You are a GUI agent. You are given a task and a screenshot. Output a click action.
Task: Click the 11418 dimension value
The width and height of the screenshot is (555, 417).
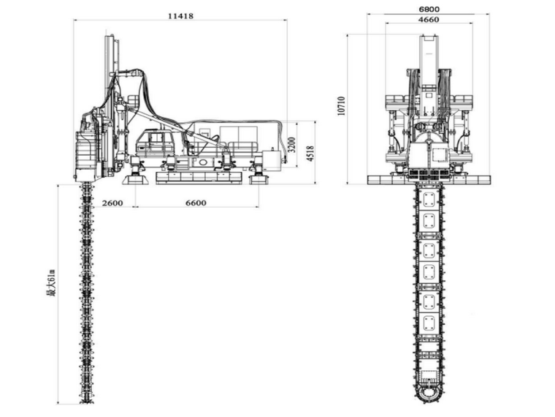[180, 16]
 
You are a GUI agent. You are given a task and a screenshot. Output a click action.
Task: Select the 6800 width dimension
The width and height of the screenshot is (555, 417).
[429, 10]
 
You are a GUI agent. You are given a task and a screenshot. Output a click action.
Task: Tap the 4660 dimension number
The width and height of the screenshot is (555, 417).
[429, 20]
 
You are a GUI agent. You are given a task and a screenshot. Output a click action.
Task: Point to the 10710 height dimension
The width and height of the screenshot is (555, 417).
[341, 105]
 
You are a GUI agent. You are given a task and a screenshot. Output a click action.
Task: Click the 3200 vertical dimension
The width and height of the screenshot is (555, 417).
[291, 144]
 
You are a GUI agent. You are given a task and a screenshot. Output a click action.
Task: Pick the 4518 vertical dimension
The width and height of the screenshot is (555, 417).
[310, 153]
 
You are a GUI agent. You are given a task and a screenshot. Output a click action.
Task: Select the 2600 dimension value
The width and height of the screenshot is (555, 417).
[112, 203]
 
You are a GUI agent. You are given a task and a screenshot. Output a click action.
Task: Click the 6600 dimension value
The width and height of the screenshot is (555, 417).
[196, 203]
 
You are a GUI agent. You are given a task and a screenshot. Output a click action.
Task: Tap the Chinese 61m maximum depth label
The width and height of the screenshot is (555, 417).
[51, 282]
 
